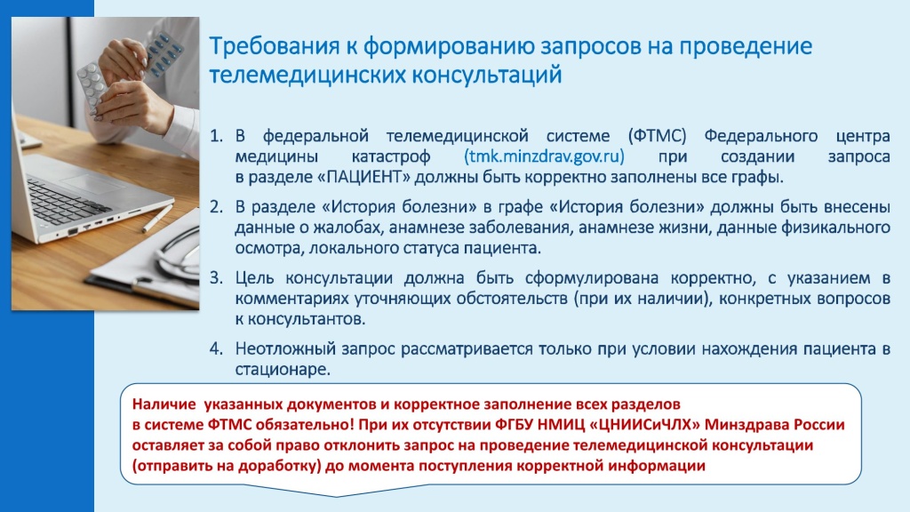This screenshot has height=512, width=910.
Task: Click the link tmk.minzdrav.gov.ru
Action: (x=544, y=156)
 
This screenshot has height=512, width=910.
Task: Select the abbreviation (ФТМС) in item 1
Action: (x=657, y=136)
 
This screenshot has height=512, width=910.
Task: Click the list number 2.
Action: (x=216, y=206)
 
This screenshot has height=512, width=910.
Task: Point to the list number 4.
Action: (x=216, y=348)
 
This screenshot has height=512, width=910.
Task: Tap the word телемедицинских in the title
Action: (x=306, y=75)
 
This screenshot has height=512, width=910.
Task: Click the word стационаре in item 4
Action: (x=283, y=369)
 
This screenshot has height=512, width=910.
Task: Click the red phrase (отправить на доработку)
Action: (x=227, y=466)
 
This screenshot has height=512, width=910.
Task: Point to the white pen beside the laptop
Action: (x=156, y=219)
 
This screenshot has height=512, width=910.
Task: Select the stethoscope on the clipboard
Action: (x=177, y=255)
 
